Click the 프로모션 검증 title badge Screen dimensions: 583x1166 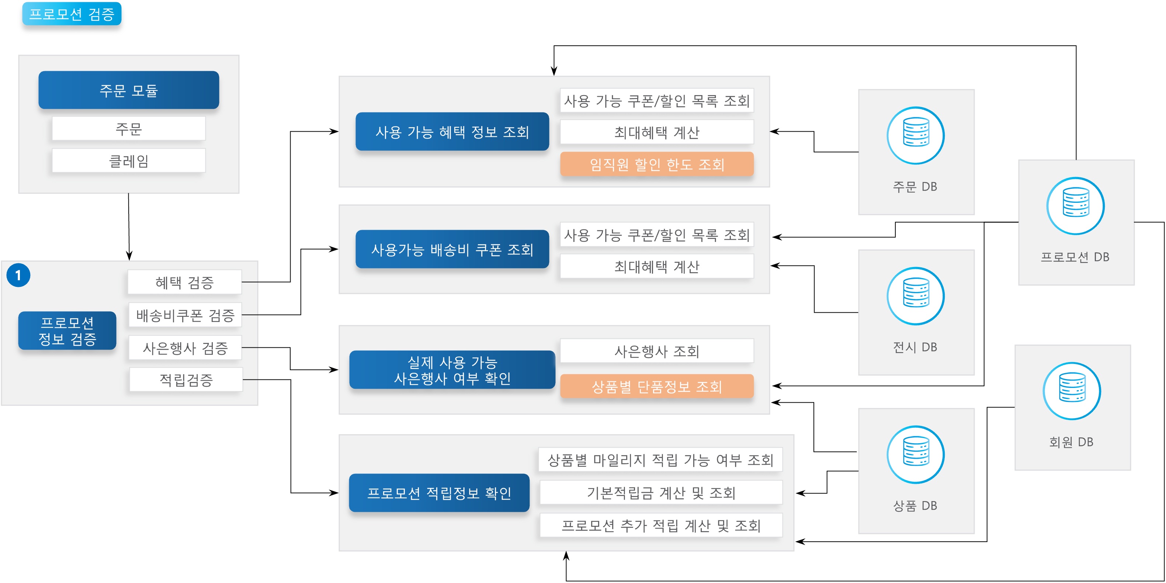coord(72,14)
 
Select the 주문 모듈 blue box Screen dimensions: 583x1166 coord(129,90)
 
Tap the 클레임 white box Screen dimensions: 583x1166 coord(129,161)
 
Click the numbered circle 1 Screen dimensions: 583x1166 coord(18,275)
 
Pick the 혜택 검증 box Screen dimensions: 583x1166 coord(185,282)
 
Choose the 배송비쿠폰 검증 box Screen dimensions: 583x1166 coord(185,315)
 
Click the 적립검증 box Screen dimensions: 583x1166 coord(186,380)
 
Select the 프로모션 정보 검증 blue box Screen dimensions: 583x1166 coord(67,330)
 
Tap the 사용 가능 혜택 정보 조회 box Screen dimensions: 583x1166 coord(452,132)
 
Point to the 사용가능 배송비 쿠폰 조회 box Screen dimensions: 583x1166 coord(452,249)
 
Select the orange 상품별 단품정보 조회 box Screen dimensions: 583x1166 coord(657,386)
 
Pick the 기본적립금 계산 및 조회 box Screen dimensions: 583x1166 coord(661,493)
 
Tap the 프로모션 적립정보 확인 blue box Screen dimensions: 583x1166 coord(439,493)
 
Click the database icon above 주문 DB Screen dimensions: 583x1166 coord(916,135)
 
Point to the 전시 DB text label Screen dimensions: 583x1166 coord(915,347)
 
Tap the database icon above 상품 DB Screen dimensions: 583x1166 coord(916,454)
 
